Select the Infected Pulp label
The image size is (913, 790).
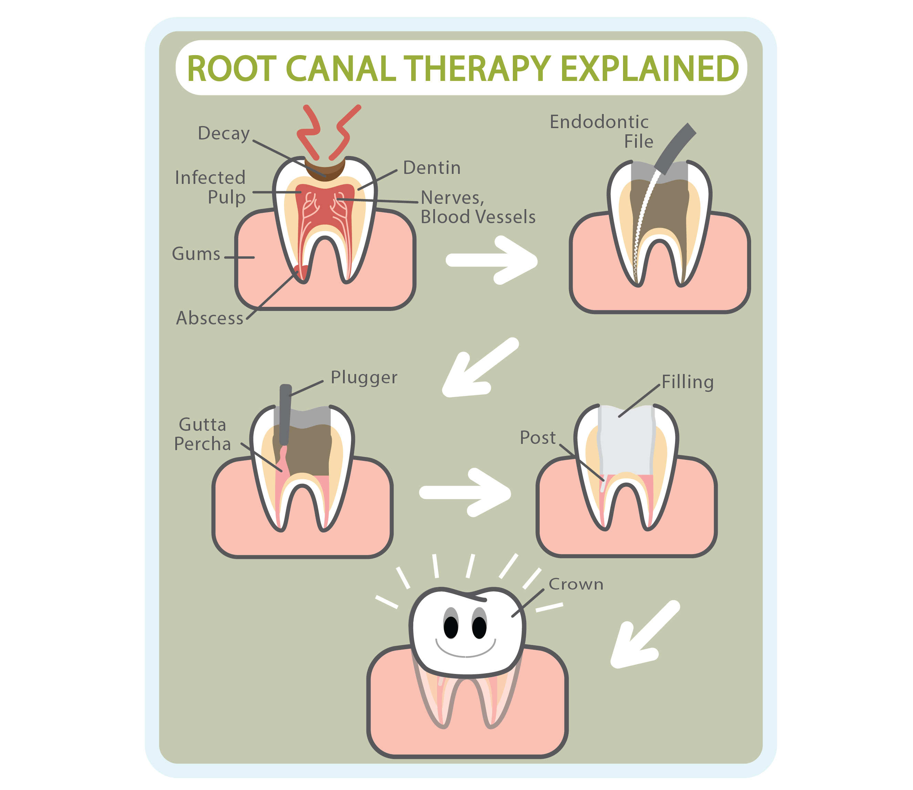[210, 187]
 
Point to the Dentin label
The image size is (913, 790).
[432, 168]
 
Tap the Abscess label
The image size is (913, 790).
[210, 318]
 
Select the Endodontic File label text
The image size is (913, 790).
[600, 131]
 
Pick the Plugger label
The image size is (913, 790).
[364, 377]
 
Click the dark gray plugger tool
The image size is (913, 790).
[285, 414]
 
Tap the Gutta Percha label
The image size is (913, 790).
[203, 434]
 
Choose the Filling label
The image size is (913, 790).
[687, 382]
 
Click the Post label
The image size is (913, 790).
[537, 438]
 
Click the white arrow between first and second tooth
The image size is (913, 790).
[491, 260]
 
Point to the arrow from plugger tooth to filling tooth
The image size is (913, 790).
[465, 492]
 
